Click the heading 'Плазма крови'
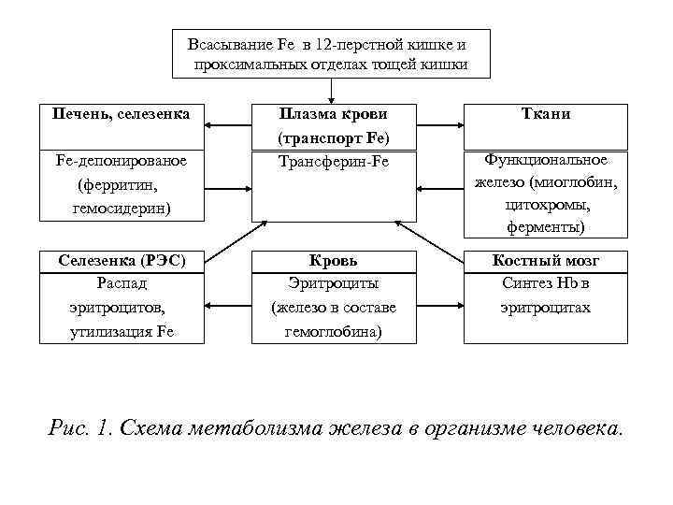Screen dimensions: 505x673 [334, 114]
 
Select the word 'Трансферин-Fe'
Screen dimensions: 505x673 [334, 162]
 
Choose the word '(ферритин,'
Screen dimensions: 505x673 [122, 185]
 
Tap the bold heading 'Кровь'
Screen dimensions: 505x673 [334, 261]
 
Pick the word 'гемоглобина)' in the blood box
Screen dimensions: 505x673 [334, 330]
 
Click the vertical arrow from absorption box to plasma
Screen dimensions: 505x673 [334, 89]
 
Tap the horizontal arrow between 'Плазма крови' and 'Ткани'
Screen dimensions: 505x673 [439, 125]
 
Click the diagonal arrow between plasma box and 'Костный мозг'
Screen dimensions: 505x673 [431, 240]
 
